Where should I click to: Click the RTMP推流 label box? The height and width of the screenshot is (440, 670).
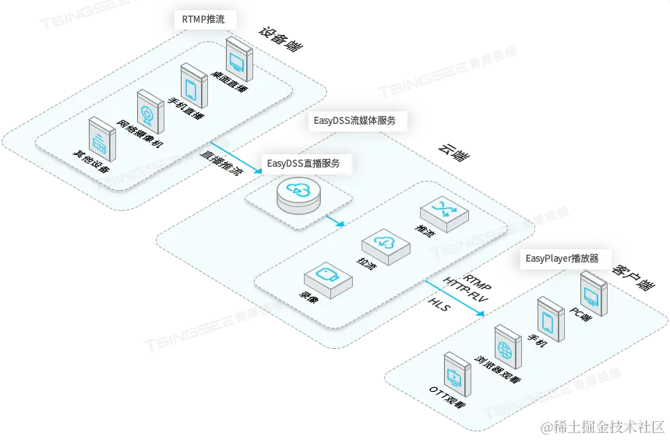point(203,19)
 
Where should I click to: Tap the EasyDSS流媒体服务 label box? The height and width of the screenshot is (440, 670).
point(354,121)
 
